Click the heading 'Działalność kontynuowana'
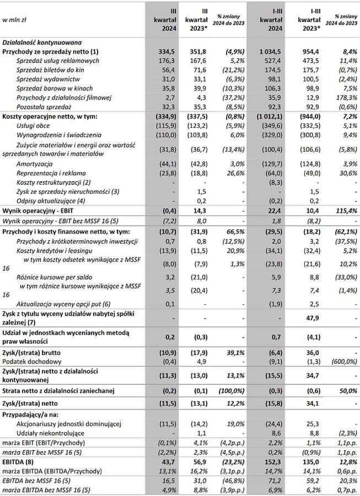[42, 42]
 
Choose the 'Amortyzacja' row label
[36, 165]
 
